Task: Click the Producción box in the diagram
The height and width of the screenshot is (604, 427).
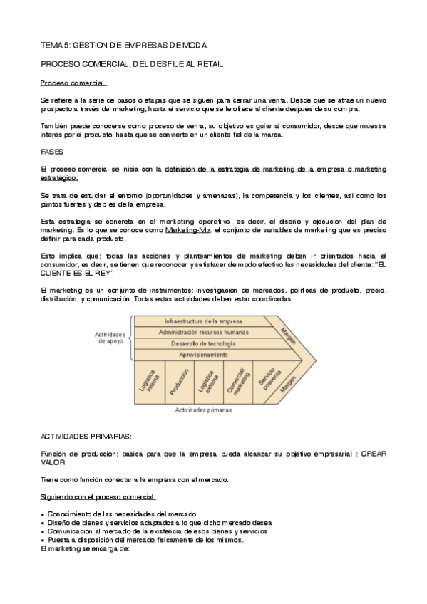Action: [x=179, y=382]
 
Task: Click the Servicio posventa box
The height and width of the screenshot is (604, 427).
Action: [x=264, y=382]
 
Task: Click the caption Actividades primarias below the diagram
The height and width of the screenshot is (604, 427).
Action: [x=203, y=410]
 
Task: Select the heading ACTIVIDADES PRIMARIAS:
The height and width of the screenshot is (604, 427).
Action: [x=86, y=434]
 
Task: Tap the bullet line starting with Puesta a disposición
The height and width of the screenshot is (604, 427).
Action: [x=147, y=540]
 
